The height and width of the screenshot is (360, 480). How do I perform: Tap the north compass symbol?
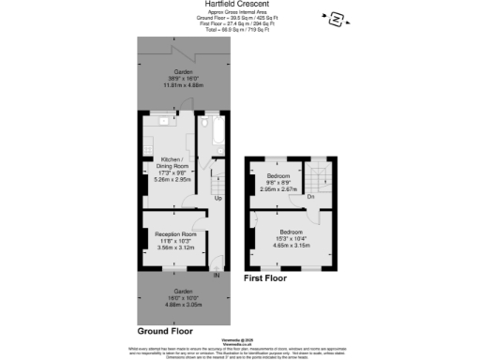[335, 17]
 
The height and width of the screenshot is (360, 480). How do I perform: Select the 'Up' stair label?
[219, 199]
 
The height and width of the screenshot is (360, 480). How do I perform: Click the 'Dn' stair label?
[309, 197]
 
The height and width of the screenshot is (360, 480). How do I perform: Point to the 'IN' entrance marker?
[217, 275]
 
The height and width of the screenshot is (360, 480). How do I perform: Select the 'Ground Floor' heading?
[166, 331]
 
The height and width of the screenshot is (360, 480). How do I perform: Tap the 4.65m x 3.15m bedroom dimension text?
[289, 244]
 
